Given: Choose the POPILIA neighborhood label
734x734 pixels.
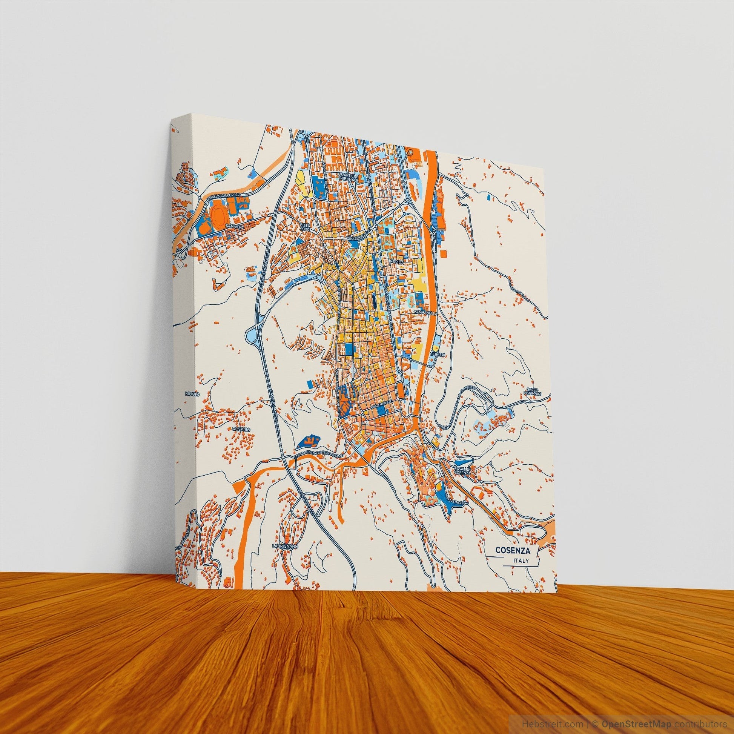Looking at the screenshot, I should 397,262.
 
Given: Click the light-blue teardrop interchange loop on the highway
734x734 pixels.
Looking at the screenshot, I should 251,335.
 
